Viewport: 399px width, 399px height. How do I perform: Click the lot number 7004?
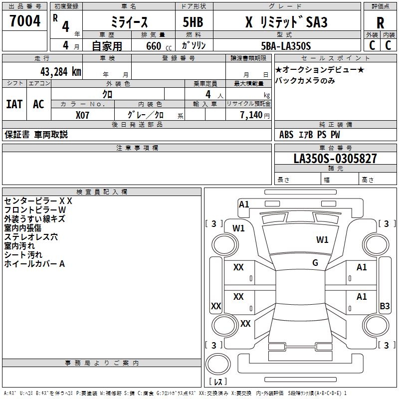(x=25, y=21)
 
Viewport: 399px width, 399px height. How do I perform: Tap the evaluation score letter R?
(x=380, y=23)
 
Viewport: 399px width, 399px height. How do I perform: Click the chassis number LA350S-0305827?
(x=335, y=159)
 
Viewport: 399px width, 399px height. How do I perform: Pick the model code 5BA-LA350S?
(x=286, y=46)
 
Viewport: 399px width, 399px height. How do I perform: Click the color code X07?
(x=83, y=114)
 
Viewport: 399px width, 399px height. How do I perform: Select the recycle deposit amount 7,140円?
(x=254, y=114)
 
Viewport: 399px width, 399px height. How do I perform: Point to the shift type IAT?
(x=14, y=104)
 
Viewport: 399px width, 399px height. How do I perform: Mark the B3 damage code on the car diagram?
(x=385, y=306)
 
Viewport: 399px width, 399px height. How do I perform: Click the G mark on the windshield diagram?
(x=315, y=263)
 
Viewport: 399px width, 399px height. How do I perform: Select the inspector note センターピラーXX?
(x=38, y=201)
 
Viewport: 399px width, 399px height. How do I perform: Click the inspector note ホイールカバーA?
(x=34, y=264)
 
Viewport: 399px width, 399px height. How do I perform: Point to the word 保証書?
(x=17, y=134)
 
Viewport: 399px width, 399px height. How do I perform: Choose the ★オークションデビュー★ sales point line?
(x=319, y=70)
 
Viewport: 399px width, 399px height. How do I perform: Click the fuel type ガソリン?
(x=194, y=46)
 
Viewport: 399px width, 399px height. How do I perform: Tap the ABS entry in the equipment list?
(x=286, y=134)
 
